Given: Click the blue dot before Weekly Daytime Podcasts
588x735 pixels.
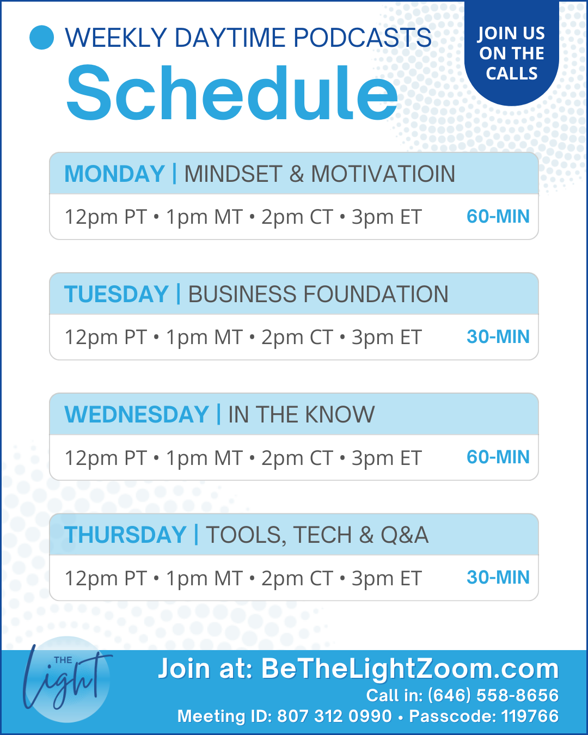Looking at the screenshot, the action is (42, 37).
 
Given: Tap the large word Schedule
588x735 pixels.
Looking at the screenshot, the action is (232, 93).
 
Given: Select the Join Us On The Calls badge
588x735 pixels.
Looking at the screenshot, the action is (511, 53).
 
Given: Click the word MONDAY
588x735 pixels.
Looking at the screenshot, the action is (114, 174).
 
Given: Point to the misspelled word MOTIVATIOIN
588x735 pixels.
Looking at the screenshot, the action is (383, 174).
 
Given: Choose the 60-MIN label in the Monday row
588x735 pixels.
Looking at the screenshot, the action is (498, 216).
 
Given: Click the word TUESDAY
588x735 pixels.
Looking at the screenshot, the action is (116, 294).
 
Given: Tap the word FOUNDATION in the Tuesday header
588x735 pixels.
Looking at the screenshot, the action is (376, 294).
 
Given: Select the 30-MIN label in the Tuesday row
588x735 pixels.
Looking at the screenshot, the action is (498, 336).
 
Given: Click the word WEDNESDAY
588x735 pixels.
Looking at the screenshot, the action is (137, 414).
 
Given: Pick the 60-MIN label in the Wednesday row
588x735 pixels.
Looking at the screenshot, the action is (498, 457).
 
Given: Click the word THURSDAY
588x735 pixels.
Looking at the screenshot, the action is (125, 535).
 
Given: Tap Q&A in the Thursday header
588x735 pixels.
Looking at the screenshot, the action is (405, 535).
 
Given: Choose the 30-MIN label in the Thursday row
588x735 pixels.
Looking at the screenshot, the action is (498, 577).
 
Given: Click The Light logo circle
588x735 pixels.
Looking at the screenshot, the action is (68, 679).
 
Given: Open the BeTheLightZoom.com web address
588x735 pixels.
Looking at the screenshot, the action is (410, 668).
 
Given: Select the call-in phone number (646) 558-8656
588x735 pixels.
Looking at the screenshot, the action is (493, 695).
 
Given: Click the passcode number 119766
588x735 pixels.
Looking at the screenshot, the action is (530, 716).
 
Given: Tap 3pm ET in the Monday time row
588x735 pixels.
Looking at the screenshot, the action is (387, 217).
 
